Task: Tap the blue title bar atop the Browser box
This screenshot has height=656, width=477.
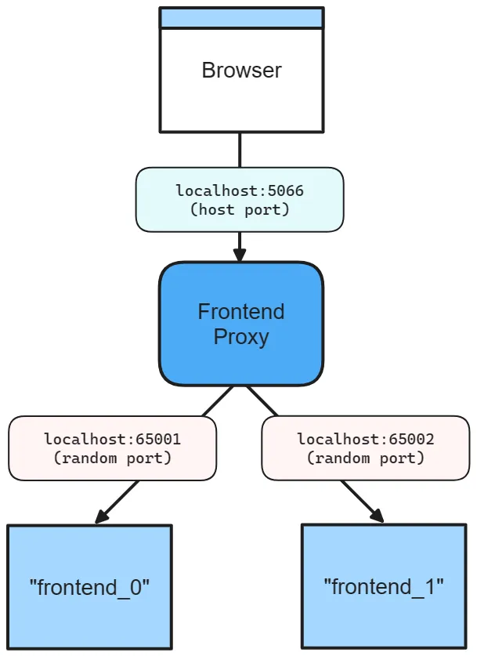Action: point(241,18)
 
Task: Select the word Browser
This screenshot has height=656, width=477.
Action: point(241,70)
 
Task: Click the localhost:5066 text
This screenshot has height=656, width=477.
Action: point(239,190)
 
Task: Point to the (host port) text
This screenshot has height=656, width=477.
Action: point(239,209)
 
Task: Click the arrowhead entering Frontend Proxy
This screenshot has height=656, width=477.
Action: point(239,255)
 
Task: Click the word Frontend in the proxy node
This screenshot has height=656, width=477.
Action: point(241,312)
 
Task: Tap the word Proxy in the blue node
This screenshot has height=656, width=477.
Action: point(241,337)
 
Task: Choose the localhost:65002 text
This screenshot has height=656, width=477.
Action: point(365,440)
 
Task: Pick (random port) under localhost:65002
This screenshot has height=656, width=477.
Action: point(365,458)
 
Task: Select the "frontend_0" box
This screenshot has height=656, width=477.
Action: point(89,586)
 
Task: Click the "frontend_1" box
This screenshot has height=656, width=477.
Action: point(384,586)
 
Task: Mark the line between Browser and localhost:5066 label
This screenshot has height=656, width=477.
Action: point(239,150)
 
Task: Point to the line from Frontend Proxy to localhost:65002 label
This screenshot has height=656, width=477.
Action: point(262,400)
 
